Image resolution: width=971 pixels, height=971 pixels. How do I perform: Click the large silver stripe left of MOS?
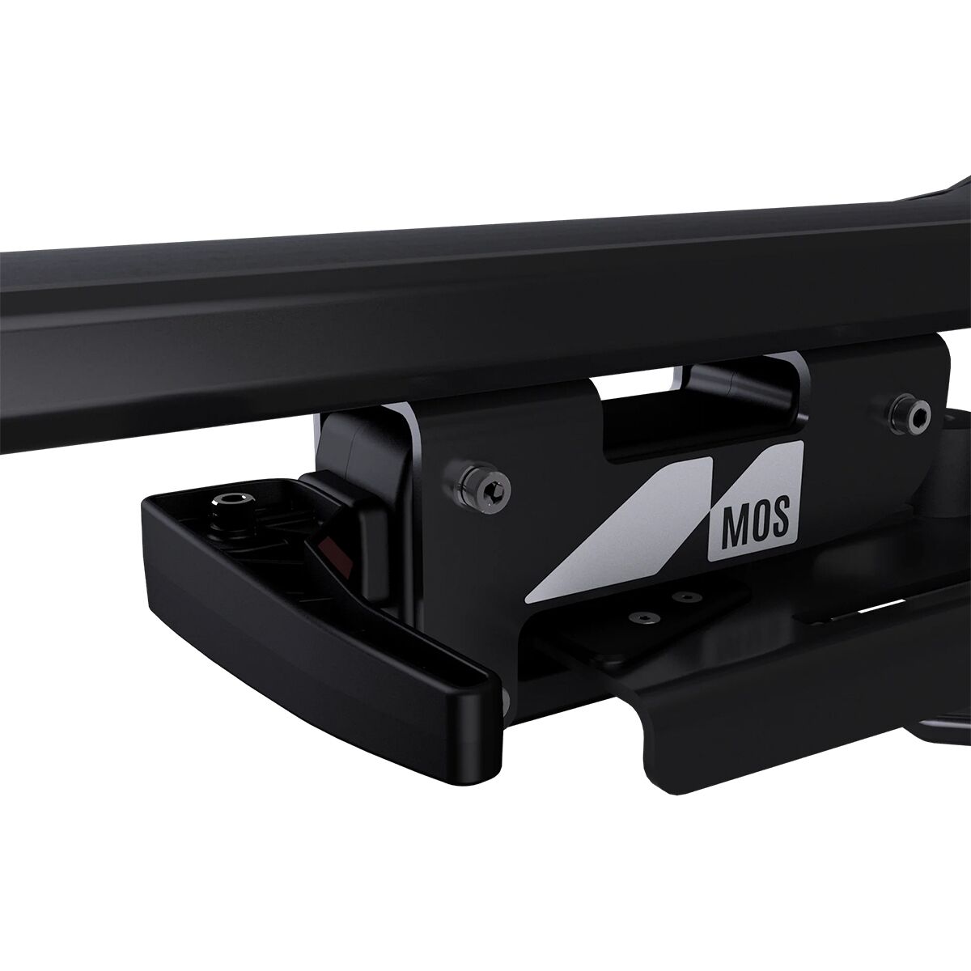pos(620,530)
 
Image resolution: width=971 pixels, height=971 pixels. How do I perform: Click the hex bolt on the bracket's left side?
pos(482,487)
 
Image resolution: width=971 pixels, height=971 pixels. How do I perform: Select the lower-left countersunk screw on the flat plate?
pos(642,617)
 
